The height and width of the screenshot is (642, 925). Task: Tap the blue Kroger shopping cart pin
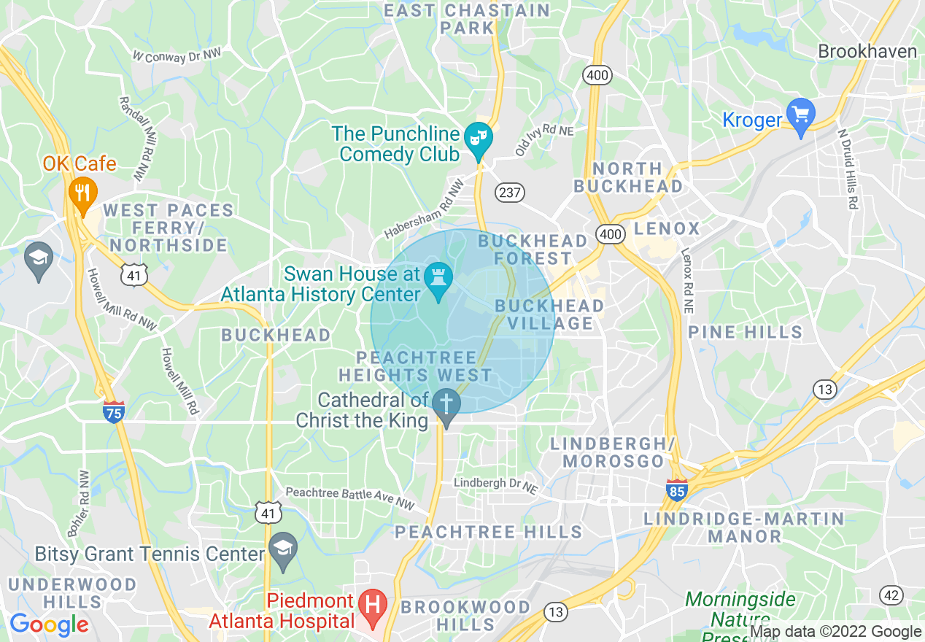pyautogui.click(x=801, y=115)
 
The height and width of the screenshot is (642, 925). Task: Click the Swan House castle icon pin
pyautogui.click(x=439, y=279)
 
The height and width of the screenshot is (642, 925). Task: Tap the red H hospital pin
pyautogui.click(x=374, y=607)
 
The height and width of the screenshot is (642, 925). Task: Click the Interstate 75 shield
pyautogui.click(x=113, y=411)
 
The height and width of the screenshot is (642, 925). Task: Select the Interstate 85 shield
pyautogui.click(x=676, y=490)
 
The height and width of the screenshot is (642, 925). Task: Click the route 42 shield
pyautogui.click(x=891, y=595)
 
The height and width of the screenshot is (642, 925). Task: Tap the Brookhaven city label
pyautogui.click(x=867, y=51)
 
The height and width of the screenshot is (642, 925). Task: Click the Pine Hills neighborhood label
pyautogui.click(x=745, y=332)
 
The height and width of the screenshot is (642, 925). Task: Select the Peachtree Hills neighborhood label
pyautogui.click(x=488, y=532)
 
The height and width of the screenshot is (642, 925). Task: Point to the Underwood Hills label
pyautogui.click(x=71, y=593)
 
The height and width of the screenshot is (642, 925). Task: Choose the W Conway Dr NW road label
pyautogui.click(x=177, y=55)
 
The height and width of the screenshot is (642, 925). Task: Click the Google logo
pyautogui.click(x=49, y=624)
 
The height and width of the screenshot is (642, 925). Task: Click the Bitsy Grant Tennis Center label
pyautogui.click(x=149, y=554)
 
